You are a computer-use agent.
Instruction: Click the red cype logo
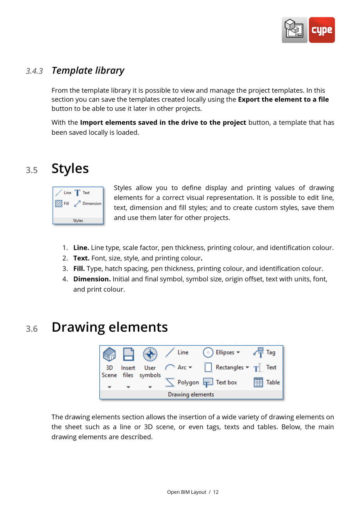pyautogui.click(x=322, y=30)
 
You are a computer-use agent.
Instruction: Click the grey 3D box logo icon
pyautogui.click(x=294, y=30)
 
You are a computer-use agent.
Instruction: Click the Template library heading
pyautogui.click(x=88, y=70)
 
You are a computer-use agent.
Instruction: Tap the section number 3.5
pyautogui.click(x=32, y=170)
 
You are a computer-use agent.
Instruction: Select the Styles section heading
pyautogui.click(x=70, y=168)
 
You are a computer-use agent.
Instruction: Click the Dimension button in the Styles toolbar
pyautogui.click(x=88, y=204)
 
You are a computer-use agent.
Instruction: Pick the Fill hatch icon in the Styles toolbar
pyautogui.click(x=59, y=204)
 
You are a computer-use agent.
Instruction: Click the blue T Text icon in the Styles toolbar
pyautogui.click(x=77, y=193)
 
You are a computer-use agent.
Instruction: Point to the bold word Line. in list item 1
pyautogui.click(x=81, y=248)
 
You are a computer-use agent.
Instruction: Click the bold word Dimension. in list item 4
pyautogui.click(x=92, y=279)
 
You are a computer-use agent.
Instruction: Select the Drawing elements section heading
pyautogui.click(x=110, y=327)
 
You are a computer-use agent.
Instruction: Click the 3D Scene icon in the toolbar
pyautogui.click(x=109, y=354)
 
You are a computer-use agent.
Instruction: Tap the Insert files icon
pyautogui.click(x=128, y=354)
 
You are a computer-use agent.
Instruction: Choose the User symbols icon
pyautogui.click(x=150, y=354)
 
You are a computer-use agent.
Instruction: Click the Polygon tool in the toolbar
pyautogui.click(x=182, y=382)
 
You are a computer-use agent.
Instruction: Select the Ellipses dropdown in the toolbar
pyautogui.click(x=221, y=352)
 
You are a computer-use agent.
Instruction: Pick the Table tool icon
pyautogui.click(x=258, y=382)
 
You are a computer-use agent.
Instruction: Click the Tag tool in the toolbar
pyautogui.click(x=264, y=352)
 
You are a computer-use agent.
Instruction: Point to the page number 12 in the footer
pyautogui.click(x=216, y=492)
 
